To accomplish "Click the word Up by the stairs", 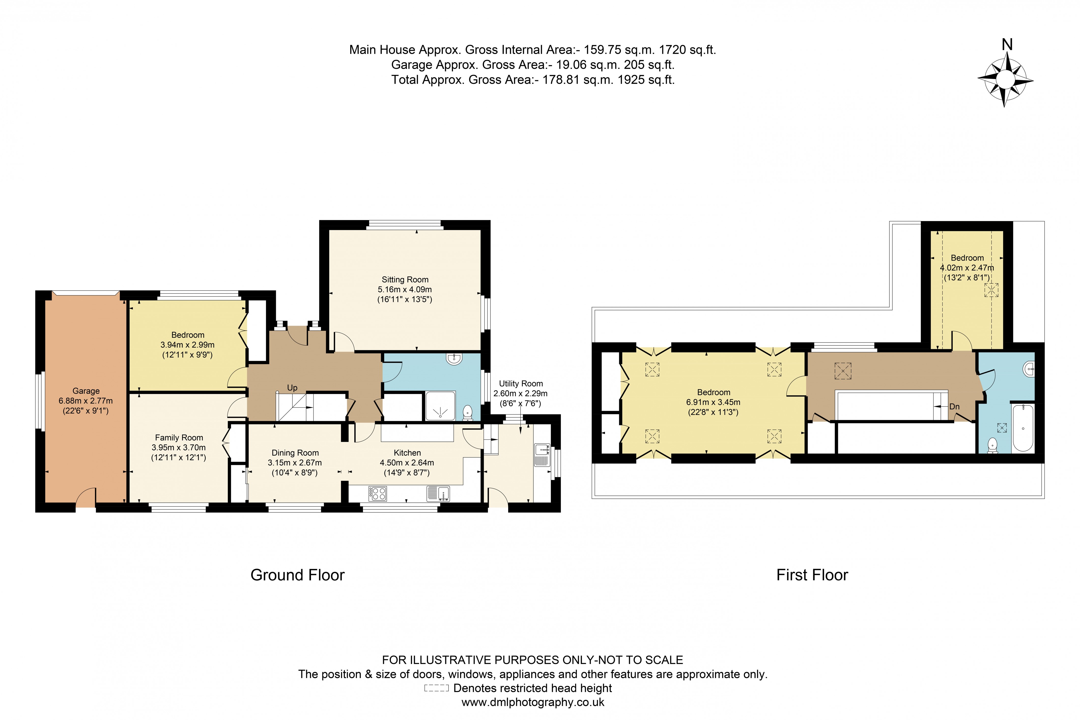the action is [292, 388].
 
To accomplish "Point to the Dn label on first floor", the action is [954, 407].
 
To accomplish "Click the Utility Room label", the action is [521, 383].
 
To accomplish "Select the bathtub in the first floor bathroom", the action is [1023, 428].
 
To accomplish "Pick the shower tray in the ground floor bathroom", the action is [440, 405].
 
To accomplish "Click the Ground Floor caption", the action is [297, 575].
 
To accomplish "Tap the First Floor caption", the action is [812, 575].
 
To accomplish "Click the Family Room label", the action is [179, 438].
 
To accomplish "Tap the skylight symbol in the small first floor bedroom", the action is [991, 290].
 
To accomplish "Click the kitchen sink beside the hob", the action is [438, 494].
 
